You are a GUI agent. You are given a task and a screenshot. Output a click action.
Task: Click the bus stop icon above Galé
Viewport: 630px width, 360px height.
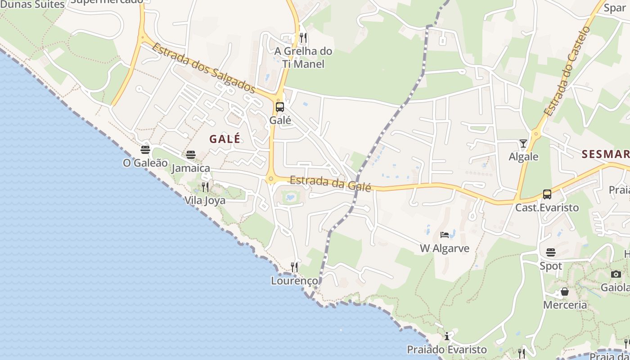pyautogui.click(x=279, y=107)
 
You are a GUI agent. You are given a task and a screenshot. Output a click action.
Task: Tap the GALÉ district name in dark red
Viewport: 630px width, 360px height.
pyautogui.click(x=225, y=139)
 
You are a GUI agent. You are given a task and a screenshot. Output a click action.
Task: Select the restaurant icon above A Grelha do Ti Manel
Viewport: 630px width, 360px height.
pyautogui.click(x=303, y=37)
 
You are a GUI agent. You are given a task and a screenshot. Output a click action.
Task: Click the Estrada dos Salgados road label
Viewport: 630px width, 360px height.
pyautogui.click(x=204, y=67)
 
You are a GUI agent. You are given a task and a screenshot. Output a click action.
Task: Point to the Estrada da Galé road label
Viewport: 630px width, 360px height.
pyautogui.click(x=330, y=183)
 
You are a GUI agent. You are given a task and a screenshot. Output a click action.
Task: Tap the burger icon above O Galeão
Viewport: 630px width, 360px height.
pyautogui.click(x=145, y=149)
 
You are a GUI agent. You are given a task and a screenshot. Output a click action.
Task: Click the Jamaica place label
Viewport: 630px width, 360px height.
pyautogui.click(x=191, y=168)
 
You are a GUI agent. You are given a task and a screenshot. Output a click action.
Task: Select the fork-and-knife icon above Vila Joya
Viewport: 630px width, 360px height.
pyautogui.click(x=205, y=187)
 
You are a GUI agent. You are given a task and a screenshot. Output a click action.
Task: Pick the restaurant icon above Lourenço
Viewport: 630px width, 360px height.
pyautogui.click(x=294, y=267)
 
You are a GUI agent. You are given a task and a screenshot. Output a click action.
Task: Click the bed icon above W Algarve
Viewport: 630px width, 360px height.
pyautogui.click(x=445, y=234)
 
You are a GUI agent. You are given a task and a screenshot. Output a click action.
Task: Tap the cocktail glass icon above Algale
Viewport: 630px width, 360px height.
pyautogui.click(x=523, y=144)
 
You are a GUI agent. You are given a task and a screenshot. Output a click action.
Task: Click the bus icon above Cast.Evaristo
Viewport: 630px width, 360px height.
pyautogui.click(x=547, y=194)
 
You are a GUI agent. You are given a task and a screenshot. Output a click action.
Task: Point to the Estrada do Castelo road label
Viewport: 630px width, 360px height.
pyautogui.click(x=567, y=71)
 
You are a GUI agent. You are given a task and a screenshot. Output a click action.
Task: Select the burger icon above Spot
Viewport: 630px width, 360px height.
pyautogui.click(x=551, y=252)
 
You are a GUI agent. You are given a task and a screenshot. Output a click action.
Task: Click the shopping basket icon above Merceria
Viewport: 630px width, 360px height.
pyautogui.click(x=565, y=292)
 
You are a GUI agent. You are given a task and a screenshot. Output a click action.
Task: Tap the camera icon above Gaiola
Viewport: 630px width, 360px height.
pyautogui.click(x=616, y=274)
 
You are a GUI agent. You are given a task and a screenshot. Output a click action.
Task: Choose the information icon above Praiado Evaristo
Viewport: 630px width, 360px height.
pyautogui.click(x=447, y=336)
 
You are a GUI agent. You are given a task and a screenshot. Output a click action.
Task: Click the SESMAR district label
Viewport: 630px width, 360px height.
pyautogui.click(x=605, y=154)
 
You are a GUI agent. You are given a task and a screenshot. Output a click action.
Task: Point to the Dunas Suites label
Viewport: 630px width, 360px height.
pyautogui.click(x=32, y=4)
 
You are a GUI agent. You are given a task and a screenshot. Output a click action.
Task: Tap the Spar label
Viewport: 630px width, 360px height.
pyautogui.click(x=615, y=8)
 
